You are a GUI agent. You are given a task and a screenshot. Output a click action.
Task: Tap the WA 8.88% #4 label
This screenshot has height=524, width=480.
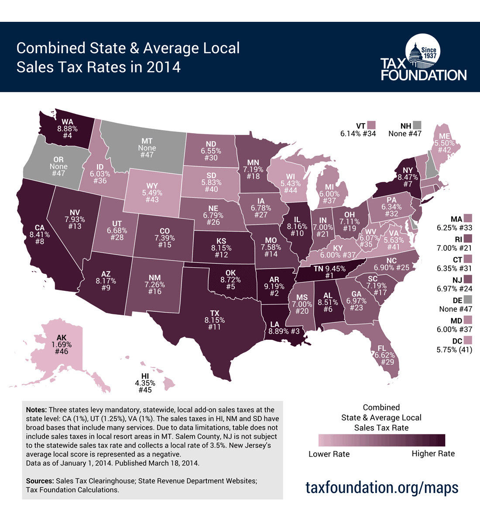tap(67, 128)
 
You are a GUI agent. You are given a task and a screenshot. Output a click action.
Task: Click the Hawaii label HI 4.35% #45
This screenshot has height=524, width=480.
tap(145, 383)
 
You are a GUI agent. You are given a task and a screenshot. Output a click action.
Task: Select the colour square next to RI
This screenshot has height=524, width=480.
tap(468, 239)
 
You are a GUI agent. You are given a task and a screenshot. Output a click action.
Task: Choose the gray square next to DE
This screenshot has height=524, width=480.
tap(468, 300)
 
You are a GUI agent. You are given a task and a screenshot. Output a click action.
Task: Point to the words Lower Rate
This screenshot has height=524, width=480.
tap(329, 454)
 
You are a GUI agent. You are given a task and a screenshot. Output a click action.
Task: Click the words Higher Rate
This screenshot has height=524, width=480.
tap(433, 454)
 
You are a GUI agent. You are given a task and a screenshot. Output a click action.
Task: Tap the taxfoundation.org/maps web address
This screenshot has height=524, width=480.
tap(382, 486)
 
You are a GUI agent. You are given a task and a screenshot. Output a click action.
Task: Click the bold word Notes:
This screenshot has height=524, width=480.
tap(36, 410)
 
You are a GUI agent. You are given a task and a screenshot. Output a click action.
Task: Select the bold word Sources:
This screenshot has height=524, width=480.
tap(40, 481)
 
